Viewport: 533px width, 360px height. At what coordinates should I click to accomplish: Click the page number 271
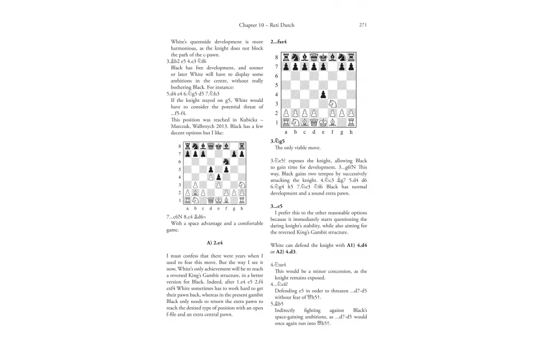(362, 25)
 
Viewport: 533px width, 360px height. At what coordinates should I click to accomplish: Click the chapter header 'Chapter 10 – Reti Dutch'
(266, 25)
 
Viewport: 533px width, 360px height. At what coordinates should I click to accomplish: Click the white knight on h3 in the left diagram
(242, 185)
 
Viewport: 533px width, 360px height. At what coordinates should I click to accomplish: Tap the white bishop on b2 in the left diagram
(195, 193)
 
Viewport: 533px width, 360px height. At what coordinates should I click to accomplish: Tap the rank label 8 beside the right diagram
(276, 58)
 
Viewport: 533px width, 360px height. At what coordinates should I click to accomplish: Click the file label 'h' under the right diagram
(351, 132)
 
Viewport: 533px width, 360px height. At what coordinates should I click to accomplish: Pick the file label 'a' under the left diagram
(187, 209)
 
